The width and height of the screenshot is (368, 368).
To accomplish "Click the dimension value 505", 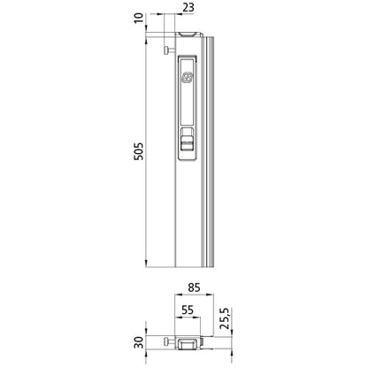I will (137, 151).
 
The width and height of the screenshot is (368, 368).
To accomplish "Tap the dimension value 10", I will (137, 19).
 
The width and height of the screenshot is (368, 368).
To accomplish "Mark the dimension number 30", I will (138, 342).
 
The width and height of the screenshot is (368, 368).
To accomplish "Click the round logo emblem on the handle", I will (187, 79).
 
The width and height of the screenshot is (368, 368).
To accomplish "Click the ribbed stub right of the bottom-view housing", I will (207, 342).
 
